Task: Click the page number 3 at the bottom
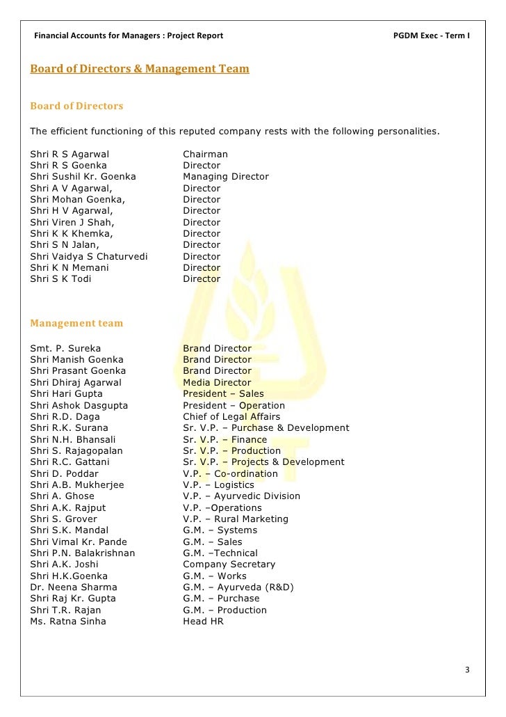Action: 468,670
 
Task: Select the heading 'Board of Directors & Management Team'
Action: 139,70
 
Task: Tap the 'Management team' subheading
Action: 76,323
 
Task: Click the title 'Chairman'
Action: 205,154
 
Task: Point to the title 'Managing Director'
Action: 225,177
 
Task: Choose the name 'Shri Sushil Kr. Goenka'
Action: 83,177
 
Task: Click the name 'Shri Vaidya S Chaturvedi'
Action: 89,256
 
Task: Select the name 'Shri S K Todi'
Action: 60,278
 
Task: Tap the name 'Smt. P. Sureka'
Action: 65,348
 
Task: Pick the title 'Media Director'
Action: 217,382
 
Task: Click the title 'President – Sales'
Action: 223,394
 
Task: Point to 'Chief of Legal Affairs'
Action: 230,416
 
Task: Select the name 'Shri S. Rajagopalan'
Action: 76,450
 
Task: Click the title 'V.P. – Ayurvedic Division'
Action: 241,496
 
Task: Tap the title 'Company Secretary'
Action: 229,565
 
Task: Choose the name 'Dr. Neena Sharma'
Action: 73,587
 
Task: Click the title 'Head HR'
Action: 203,621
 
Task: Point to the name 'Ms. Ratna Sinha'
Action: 68,621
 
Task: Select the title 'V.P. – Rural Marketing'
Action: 235,519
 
